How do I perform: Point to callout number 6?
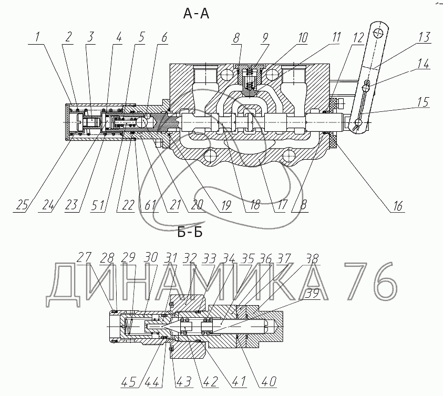click(164, 37)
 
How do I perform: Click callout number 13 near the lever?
click(424, 37)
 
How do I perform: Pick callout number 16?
click(397, 206)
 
